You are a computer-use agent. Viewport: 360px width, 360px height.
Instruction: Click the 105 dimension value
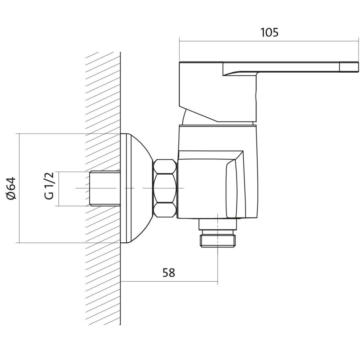pyautogui.click(x=269, y=32)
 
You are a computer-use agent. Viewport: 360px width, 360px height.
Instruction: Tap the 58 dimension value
pyautogui.click(x=169, y=273)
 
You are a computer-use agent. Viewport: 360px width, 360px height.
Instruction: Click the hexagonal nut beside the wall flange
pyautogui.click(x=165, y=188)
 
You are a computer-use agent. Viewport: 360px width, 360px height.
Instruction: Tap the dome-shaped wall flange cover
pyautogui.click(x=136, y=188)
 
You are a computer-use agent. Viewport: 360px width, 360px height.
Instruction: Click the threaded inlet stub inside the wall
pyautogui.click(x=105, y=188)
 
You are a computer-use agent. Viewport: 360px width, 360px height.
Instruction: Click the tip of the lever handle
pyautogui.click(x=358, y=67)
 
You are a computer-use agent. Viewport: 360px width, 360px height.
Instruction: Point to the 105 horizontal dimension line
pyautogui.click(x=269, y=41)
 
